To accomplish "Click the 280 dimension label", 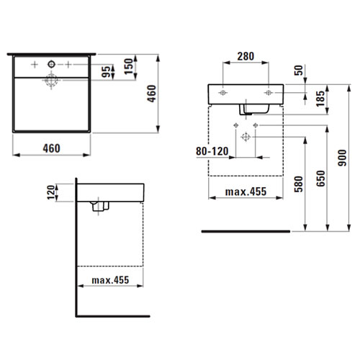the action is pyautogui.click(x=246, y=56).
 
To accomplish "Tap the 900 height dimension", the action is pyautogui.click(x=342, y=158).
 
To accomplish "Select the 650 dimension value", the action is pyautogui.click(x=320, y=179).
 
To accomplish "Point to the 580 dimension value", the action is pyautogui.click(x=299, y=184).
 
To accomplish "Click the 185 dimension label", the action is pyautogui.click(x=320, y=99).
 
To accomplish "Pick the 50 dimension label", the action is pyautogui.click(x=299, y=71).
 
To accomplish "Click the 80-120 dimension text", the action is pyautogui.click(x=212, y=151).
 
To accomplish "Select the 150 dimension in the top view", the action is pyautogui.click(x=129, y=66).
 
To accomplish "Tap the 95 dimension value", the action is pyautogui.click(x=106, y=72).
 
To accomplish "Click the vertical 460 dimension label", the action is pyautogui.click(x=151, y=94).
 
